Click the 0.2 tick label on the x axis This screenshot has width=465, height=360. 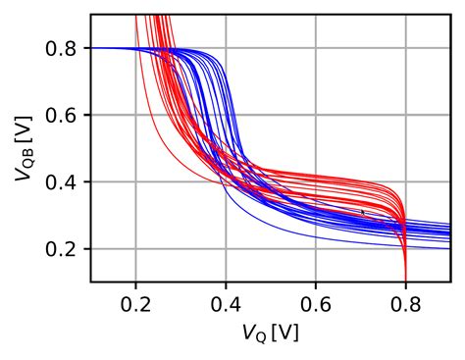click(135, 304)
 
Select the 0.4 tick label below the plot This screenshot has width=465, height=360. click(226, 304)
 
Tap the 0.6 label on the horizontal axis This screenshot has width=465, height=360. click(315, 304)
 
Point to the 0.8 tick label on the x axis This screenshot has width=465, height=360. click(405, 304)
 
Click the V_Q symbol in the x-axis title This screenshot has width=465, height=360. click(254, 334)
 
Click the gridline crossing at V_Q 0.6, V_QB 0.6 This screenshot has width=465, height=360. click(315, 115)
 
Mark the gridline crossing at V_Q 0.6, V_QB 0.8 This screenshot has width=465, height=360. click(315, 48)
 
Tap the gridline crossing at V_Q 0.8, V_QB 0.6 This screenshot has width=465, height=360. click(405, 115)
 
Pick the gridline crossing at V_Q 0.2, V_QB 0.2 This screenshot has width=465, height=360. click(135, 249)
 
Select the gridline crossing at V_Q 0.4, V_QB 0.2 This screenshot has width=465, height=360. click(226, 249)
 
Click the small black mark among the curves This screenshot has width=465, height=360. click(363, 211)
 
